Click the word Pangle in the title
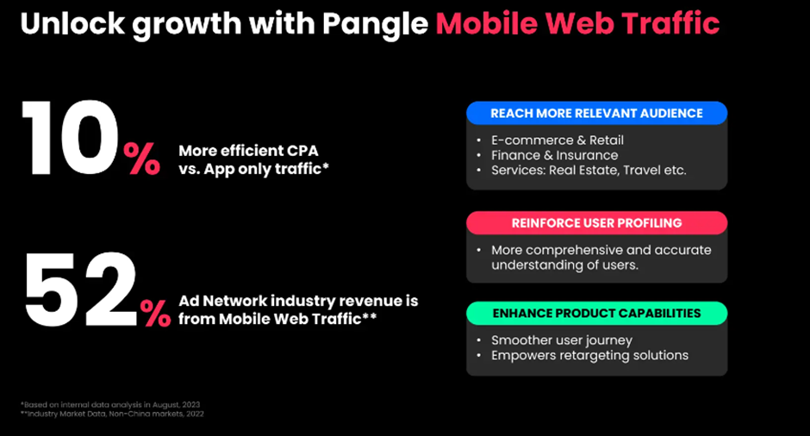(x=375, y=24)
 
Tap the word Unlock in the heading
(x=72, y=23)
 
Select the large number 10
(x=71, y=138)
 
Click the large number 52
(x=81, y=290)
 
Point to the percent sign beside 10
(x=141, y=159)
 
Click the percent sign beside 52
(x=155, y=313)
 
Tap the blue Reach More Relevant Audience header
(x=596, y=113)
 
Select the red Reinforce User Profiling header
(x=596, y=223)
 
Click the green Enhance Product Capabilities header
(x=596, y=313)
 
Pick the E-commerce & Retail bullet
(x=558, y=140)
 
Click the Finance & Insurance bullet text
(x=554, y=155)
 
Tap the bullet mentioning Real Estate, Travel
(x=589, y=170)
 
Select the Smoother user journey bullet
(x=562, y=340)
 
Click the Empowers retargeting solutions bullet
(x=589, y=355)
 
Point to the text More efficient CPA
(x=248, y=151)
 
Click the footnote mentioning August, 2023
(x=110, y=404)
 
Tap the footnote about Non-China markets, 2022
(x=112, y=414)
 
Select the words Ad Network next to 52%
(x=223, y=301)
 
